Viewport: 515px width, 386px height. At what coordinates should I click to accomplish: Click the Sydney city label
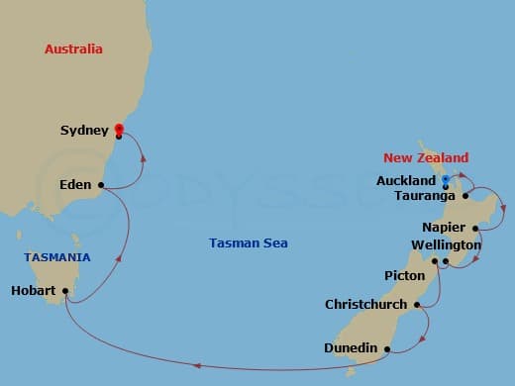pos(84,131)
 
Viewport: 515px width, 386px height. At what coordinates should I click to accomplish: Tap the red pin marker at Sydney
pos(118,128)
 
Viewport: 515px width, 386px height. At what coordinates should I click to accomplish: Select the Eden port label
pos(76,184)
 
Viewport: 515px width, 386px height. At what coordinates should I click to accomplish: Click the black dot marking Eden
pos(101,184)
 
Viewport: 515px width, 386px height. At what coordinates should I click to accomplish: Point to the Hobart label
pos(34,291)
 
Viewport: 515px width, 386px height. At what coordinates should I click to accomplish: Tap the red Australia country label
pos(73,48)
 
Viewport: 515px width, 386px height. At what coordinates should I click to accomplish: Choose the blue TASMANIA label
pos(57,257)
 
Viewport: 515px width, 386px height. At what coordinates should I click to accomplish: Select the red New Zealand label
pos(426,158)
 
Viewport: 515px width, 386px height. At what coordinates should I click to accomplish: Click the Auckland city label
pos(406,181)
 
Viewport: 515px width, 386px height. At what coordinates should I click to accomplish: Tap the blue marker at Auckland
pos(445,180)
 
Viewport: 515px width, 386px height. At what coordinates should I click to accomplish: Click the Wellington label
pos(446,244)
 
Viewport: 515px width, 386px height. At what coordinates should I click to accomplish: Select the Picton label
pos(404,275)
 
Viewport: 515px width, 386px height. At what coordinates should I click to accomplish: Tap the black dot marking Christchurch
pos(417,305)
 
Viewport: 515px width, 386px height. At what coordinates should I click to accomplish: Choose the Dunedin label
pos(352,348)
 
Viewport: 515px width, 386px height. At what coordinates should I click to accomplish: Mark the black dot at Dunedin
pos(387,348)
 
